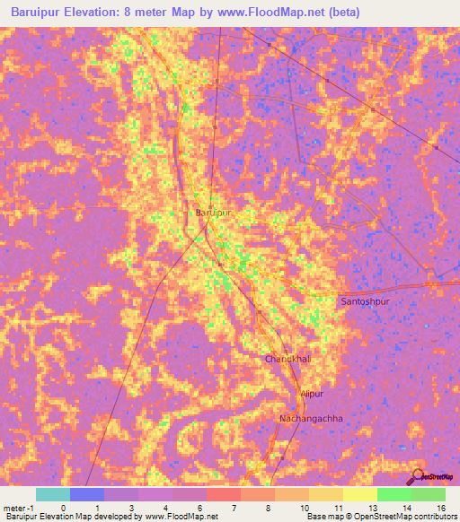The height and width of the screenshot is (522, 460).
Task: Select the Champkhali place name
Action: coord(287,359)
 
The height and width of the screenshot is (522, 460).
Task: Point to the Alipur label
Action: coord(311,394)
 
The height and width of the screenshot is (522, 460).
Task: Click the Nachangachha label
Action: coord(312,418)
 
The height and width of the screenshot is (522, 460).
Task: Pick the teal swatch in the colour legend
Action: coord(53,494)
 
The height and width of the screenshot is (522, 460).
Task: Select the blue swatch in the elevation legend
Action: coord(87,494)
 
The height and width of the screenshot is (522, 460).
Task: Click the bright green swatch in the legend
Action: coord(394,494)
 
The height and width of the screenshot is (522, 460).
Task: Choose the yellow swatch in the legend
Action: coord(360,494)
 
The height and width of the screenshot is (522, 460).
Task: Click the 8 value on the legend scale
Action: coord(268,507)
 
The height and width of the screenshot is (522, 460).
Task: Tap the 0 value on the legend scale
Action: coord(63,507)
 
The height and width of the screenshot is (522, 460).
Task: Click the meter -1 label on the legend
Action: coord(19,507)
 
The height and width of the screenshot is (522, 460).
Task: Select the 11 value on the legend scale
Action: coord(337,507)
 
